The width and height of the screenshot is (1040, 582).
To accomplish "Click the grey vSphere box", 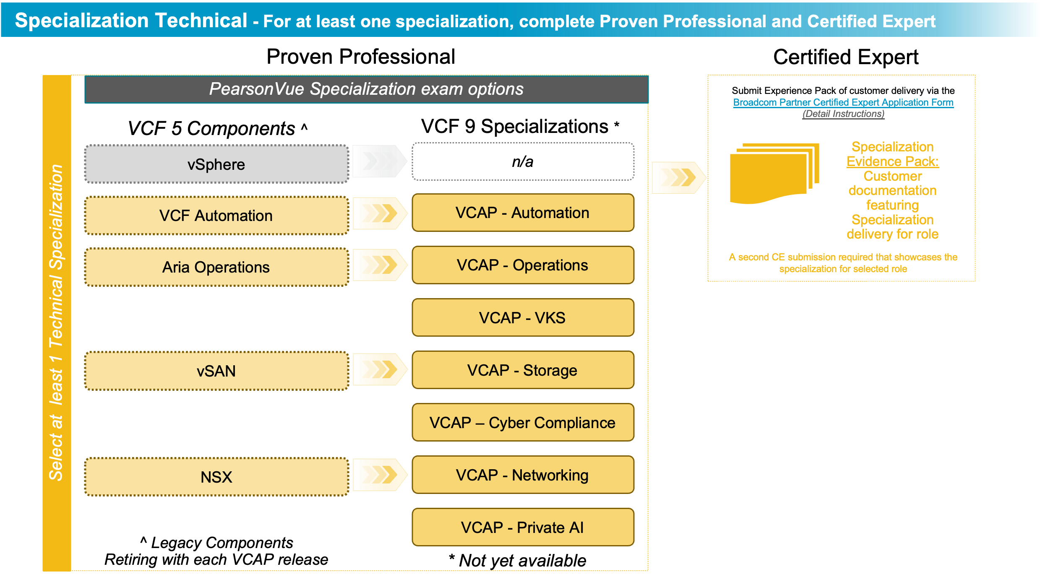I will pos(216,164).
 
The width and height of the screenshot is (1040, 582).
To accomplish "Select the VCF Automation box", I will pos(216,216).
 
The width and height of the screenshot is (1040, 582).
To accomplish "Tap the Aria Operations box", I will pos(216,267).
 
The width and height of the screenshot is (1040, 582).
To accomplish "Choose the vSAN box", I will pos(216,371).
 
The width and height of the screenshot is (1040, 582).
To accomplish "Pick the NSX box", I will pos(216,477).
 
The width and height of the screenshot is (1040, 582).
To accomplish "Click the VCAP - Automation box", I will pos(523,213).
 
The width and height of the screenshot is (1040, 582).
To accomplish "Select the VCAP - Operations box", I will pos(523,265).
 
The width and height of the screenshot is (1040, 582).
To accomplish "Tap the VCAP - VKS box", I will pos(523,317).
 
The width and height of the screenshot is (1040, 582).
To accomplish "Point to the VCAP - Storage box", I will pos(523,370).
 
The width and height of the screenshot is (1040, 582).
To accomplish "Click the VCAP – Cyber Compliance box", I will pos(523,423).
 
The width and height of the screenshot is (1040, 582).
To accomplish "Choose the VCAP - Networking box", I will pos(523,475).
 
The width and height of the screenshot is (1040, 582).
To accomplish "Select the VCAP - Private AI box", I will pos(523,527).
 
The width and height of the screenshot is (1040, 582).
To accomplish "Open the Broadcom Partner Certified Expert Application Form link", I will pos(843,102).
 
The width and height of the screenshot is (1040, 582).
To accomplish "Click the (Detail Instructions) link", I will pos(843,114).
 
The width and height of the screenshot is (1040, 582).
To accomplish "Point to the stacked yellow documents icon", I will pos(774,173).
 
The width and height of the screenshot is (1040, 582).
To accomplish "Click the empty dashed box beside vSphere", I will pos(523,161).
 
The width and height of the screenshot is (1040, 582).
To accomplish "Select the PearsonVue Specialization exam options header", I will pos(366,89).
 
